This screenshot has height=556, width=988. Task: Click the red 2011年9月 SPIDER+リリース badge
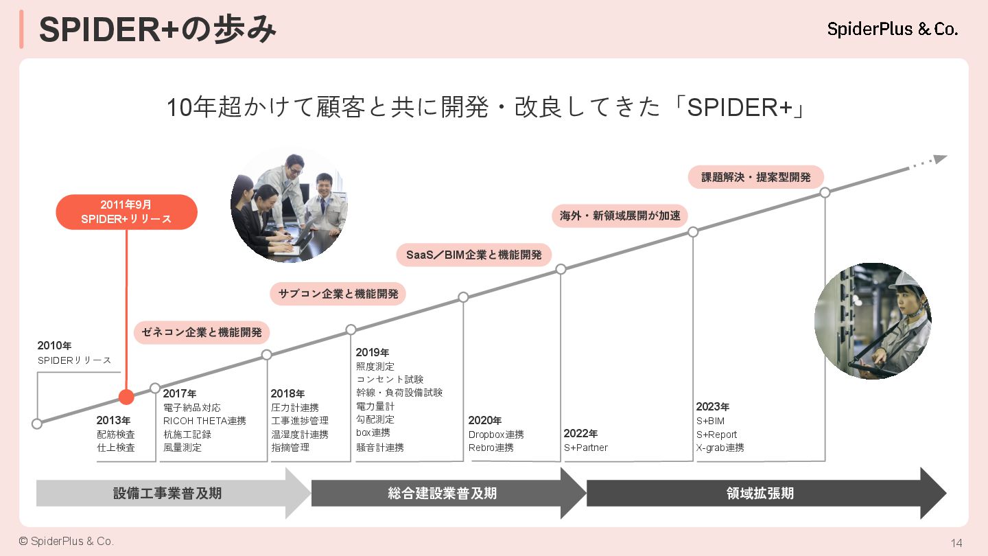(x=126, y=211)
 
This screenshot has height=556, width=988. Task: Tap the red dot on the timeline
(x=126, y=397)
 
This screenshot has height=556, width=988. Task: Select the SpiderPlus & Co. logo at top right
(x=892, y=29)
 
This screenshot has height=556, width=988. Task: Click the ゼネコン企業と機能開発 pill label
(x=202, y=332)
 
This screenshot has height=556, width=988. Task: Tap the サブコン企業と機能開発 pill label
(x=338, y=294)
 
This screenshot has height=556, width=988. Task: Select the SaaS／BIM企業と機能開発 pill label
(x=474, y=255)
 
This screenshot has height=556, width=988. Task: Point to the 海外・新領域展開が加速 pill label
(x=620, y=216)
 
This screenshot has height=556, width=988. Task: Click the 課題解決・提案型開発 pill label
(x=756, y=177)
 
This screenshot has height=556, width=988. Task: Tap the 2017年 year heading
(x=180, y=394)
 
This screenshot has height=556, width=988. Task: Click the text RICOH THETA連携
(x=204, y=421)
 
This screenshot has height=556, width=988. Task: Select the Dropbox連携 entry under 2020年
(x=496, y=435)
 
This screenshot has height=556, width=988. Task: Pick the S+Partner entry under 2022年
(x=586, y=448)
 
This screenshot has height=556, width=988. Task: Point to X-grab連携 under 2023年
(x=720, y=448)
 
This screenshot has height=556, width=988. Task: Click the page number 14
(x=956, y=543)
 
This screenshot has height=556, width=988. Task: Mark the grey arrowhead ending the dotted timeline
(x=940, y=159)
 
